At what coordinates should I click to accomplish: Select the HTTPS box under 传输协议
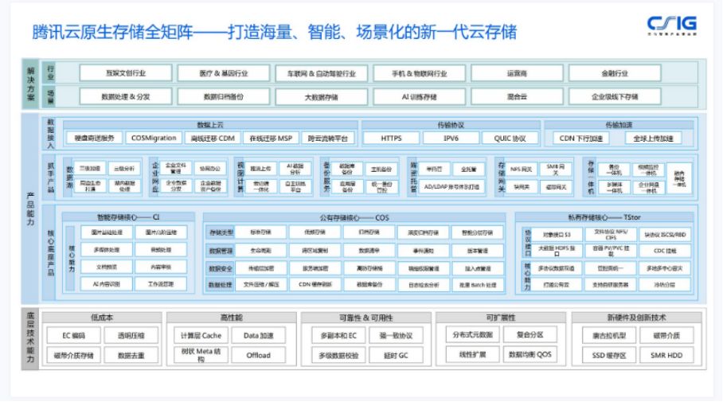[391, 138]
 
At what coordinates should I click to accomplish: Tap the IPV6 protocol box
[451, 138]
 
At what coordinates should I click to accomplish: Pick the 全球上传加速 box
[653, 138]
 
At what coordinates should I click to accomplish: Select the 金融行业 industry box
[615, 73]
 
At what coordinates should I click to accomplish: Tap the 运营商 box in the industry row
[517, 73]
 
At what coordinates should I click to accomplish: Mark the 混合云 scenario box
[517, 96]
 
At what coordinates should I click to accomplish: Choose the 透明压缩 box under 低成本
[131, 335]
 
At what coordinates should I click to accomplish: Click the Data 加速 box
[258, 335]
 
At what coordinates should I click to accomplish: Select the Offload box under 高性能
[258, 355]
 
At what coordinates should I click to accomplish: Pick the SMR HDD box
[666, 355]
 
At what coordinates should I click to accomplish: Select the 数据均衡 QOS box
[530, 355]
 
